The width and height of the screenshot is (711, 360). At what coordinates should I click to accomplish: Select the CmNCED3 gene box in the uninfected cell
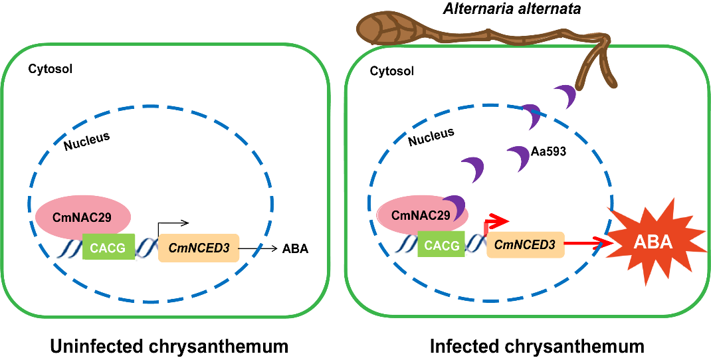(199, 248)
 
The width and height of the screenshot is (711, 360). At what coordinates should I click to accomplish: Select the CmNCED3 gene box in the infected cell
(525, 245)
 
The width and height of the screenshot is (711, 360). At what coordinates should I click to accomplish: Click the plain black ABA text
(296, 249)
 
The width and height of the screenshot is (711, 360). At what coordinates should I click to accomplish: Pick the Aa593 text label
(544, 153)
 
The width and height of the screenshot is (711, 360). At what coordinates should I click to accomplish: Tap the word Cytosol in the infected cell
(388, 70)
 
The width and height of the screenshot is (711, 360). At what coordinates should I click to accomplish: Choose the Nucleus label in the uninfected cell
(86, 140)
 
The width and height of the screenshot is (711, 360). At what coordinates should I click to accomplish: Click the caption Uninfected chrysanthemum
(169, 346)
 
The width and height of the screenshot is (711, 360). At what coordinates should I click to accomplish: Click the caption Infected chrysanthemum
(537, 346)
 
